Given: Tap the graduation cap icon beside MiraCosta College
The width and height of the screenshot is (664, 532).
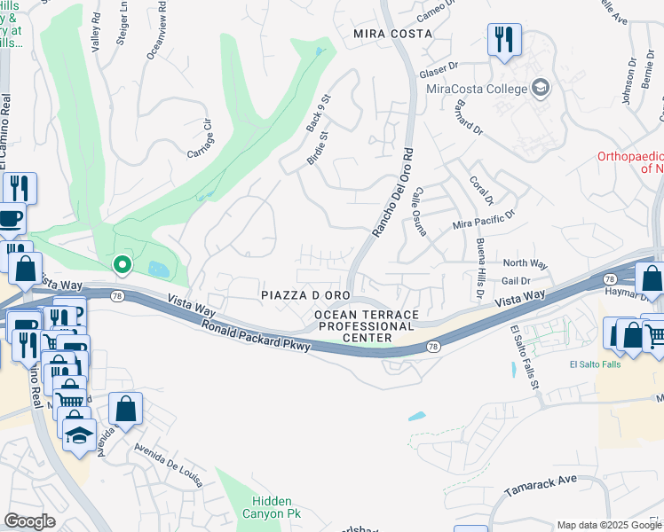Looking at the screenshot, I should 540,88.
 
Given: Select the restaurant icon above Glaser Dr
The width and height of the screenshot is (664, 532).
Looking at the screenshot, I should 503,40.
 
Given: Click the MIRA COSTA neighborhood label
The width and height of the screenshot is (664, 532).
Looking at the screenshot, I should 392,34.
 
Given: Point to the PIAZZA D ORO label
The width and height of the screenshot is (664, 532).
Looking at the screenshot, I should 306,294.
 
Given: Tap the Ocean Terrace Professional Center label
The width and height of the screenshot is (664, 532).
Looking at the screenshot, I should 366,326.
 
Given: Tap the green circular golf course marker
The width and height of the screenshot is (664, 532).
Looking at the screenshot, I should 122,263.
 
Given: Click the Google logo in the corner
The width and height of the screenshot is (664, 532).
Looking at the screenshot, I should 29,521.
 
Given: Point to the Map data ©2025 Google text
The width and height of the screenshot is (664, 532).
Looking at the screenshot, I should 609,525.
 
